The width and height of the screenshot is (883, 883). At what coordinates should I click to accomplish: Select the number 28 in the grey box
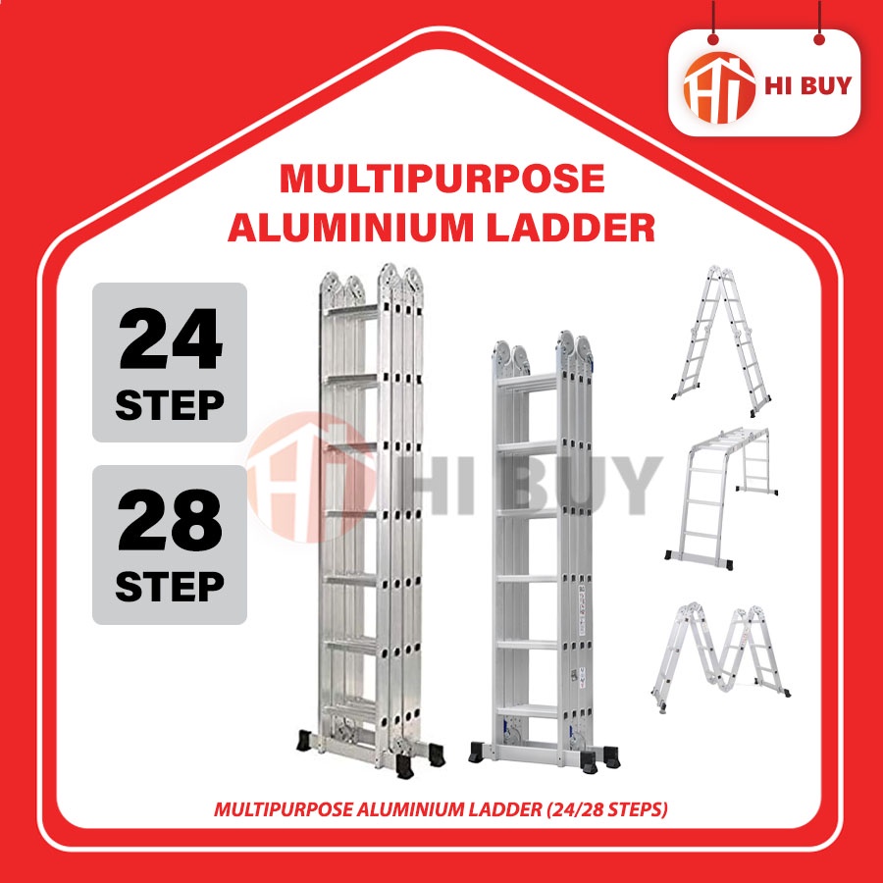tap(170, 527)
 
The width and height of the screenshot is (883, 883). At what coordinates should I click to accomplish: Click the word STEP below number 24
tap(170, 404)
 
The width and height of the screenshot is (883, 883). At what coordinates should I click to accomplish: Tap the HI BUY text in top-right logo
tap(806, 83)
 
